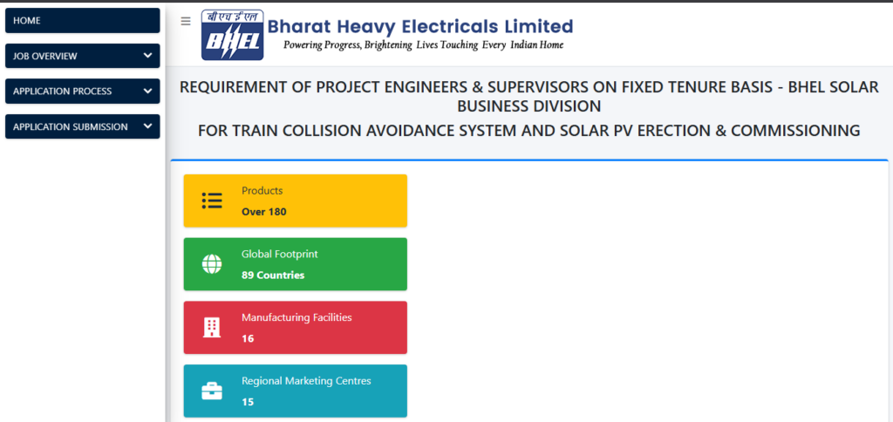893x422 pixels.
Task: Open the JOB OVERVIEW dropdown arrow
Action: (147, 56)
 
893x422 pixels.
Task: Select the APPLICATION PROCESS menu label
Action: (62, 92)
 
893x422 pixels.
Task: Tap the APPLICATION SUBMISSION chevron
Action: (147, 126)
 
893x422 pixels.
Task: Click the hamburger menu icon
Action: (185, 21)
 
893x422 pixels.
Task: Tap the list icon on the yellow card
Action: (212, 201)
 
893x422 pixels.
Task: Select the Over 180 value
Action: (263, 212)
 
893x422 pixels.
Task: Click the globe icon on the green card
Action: (212, 264)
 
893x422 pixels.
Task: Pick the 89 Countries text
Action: (273, 276)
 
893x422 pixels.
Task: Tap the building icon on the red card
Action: (212, 328)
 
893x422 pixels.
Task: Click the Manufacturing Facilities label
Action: (297, 317)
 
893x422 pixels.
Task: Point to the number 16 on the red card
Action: (248, 338)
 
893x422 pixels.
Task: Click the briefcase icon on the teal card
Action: (212, 391)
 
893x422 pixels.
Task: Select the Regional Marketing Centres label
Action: (306, 381)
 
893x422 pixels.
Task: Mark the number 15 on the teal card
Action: (248, 402)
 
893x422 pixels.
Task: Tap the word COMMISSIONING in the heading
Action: (795, 131)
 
